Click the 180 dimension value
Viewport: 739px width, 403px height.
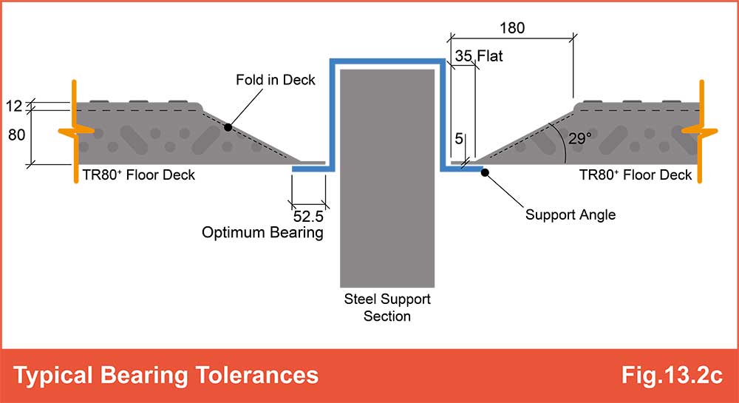(512, 28)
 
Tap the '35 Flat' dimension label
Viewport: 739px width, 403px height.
(479, 56)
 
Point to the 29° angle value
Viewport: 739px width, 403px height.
(579, 138)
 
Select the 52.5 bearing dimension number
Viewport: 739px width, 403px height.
(308, 217)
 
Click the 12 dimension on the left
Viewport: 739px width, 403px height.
(14, 106)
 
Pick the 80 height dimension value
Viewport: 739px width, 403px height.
(16, 135)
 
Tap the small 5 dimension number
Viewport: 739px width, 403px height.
(459, 138)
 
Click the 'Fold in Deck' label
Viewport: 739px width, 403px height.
(275, 80)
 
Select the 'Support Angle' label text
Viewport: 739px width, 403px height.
(571, 215)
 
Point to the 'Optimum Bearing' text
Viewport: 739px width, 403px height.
(262, 232)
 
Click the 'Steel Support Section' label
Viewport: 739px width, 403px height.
(387, 308)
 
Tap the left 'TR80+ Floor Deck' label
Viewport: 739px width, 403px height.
(139, 175)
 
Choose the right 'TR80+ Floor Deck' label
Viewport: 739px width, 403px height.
(636, 175)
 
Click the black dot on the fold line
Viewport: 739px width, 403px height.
(228, 127)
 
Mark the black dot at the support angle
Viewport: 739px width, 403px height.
(485, 172)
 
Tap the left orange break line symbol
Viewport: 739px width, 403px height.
(75, 131)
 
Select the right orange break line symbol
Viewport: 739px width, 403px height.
(701, 131)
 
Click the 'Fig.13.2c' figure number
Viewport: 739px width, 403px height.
(672, 375)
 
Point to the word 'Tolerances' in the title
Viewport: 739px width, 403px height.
(257, 375)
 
